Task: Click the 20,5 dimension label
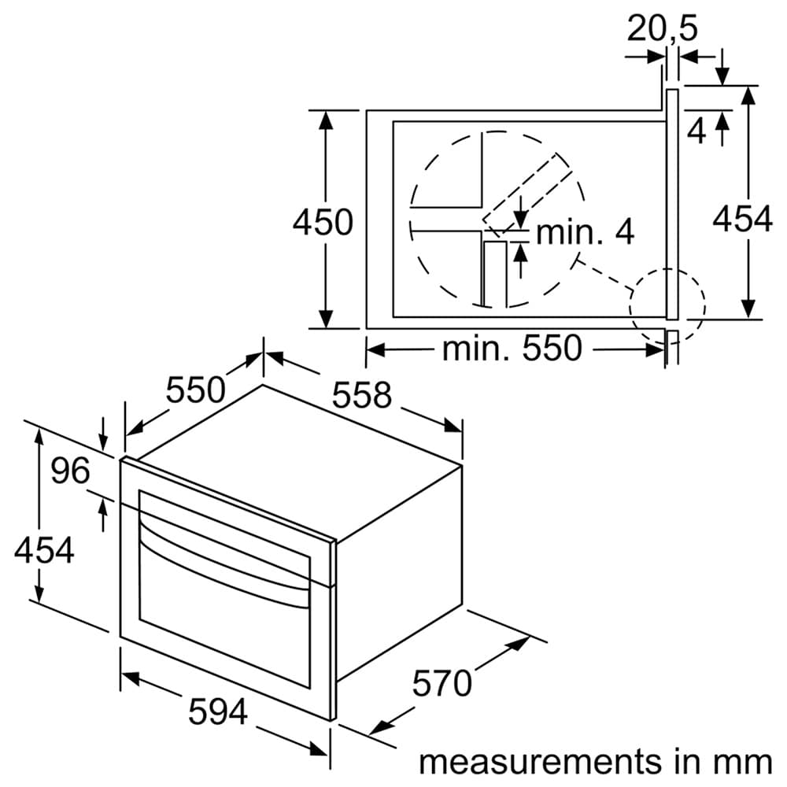coord(663,29)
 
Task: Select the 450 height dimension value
coord(323,223)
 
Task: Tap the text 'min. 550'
coord(512,348)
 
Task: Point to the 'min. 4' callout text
coord(585,232)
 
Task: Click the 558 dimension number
coord(361,394)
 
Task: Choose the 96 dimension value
coord(71,471)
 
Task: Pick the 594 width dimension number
coord(218,712)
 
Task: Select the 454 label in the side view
coord(742,220)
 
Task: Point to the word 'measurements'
coord(539,761)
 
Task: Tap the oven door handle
coord(224,559)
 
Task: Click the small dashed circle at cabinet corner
coord(667,305)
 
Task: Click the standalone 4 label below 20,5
coord(696,131)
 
